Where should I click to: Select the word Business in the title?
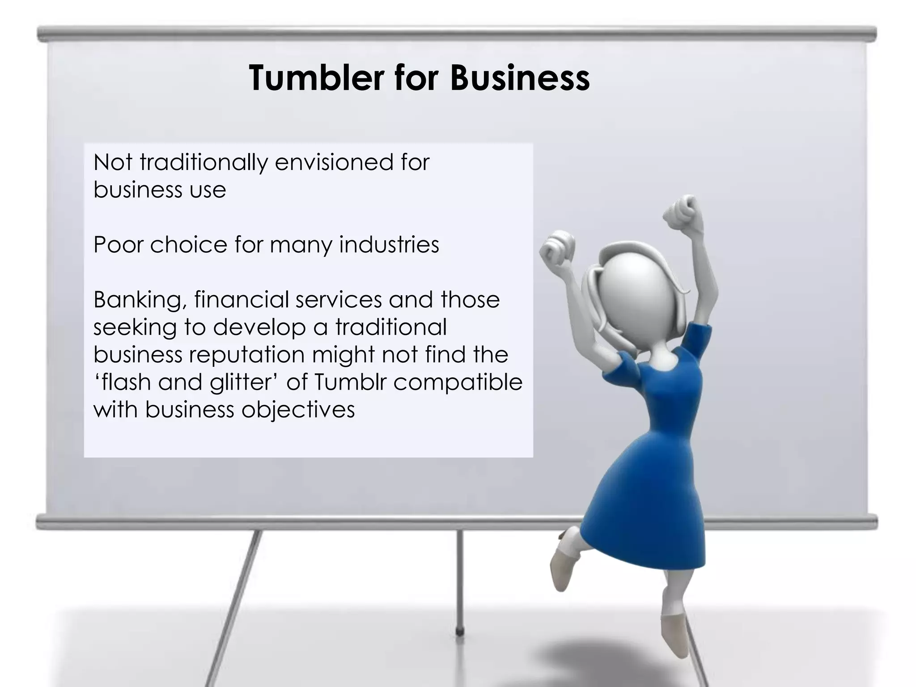click(x=520, y=78)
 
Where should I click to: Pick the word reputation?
click(x=246, y=355)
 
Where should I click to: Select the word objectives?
click(x=298, y=410)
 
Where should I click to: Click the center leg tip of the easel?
click(x=459, y=632)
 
